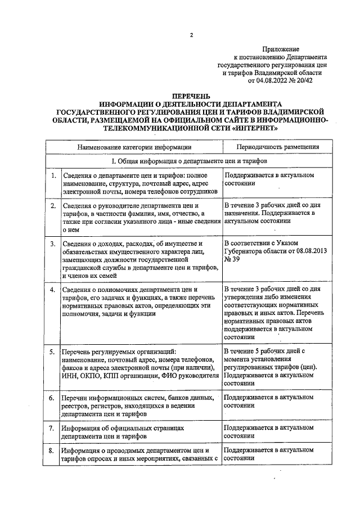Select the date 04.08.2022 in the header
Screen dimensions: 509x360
(267, 80)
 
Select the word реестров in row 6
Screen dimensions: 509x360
(76, 406)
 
